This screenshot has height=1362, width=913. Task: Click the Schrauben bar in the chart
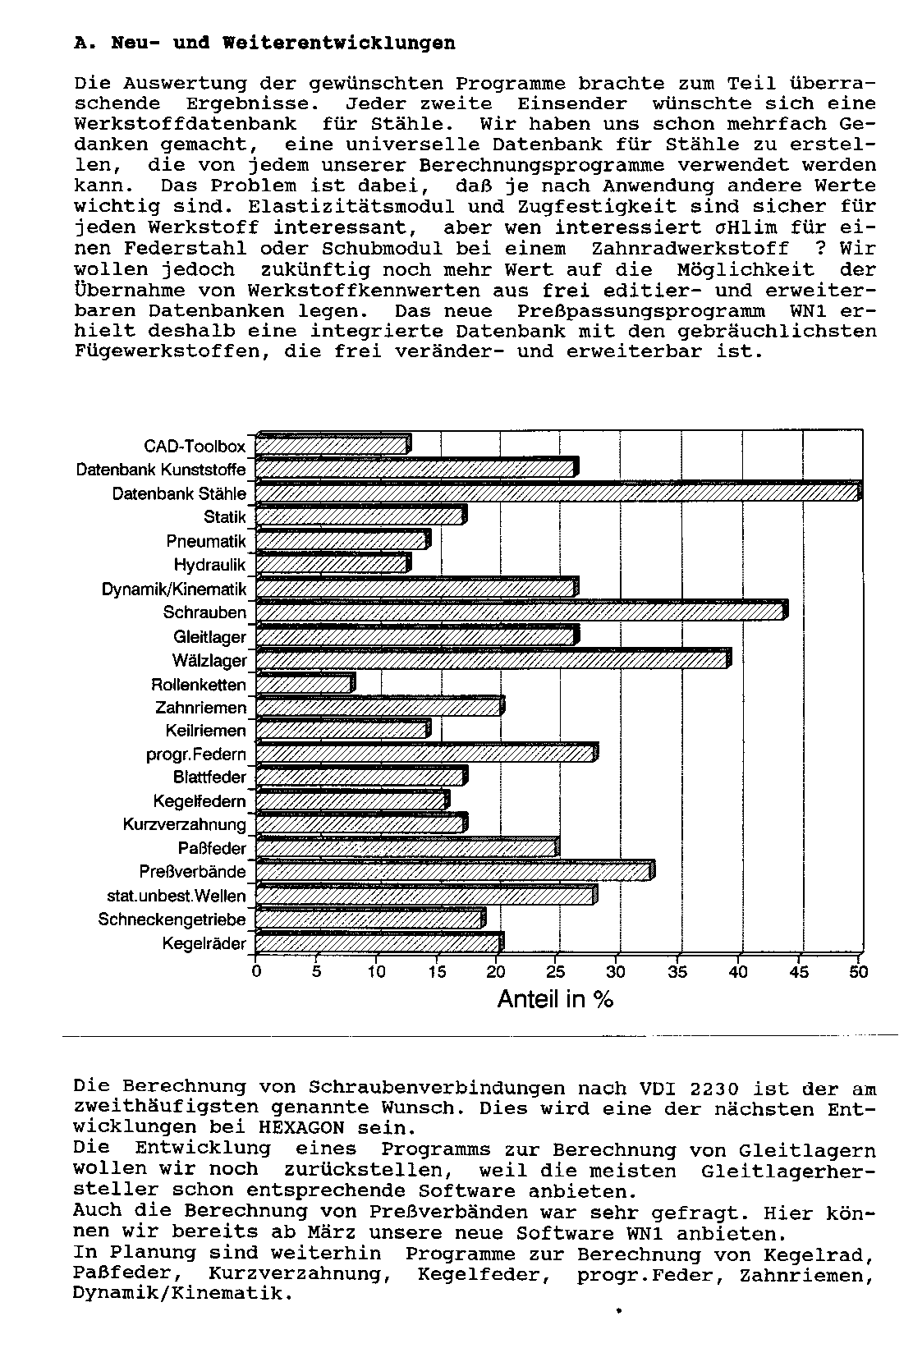tap(521, 612)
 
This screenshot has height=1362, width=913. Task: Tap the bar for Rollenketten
tap(305, 684)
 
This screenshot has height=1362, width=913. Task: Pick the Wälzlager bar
tap(493, 659)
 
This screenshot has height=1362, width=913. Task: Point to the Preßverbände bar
tap(454, 871)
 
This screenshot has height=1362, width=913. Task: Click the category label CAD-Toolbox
tap(195, 446)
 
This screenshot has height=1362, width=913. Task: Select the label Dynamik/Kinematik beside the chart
tap(173, 589)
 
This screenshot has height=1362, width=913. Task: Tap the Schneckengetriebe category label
tap(172, 919)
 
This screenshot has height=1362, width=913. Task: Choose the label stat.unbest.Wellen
tap(177, 896)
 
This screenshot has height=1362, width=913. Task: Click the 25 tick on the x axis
tap(556, 972)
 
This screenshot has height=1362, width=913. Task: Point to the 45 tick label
tap(798, 972)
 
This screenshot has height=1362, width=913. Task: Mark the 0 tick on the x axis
tap(256, 972)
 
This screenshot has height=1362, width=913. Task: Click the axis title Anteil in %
tap(556, 999)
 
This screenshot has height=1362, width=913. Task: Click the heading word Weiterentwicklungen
tap(338, 43)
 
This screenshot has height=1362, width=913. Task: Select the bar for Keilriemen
tap(342, 730)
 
